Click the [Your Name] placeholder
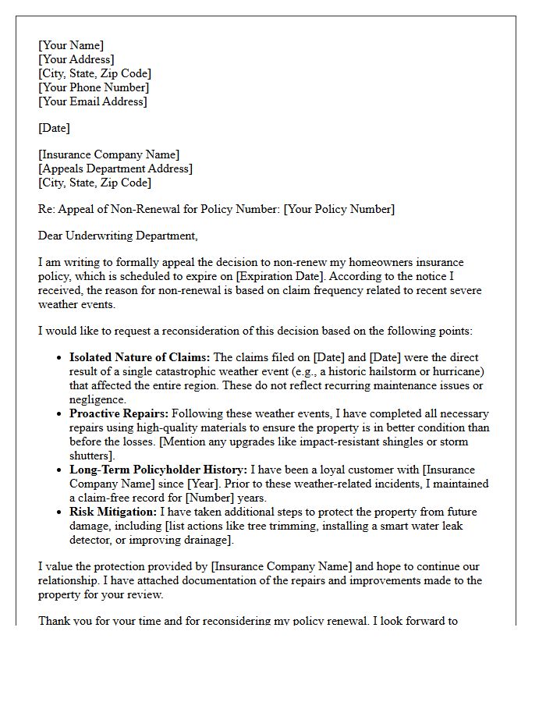tap(71, 45)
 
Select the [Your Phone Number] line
tap(93, 87)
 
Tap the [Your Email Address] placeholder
tap(92, 101)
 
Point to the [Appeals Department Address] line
tap(115, 168)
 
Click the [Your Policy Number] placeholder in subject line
tap(339, 209)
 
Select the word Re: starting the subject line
tap(47, 209)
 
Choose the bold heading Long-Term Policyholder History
tap(158, 470)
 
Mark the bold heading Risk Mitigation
tap(113, 512)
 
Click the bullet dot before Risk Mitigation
tap(61, 512)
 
